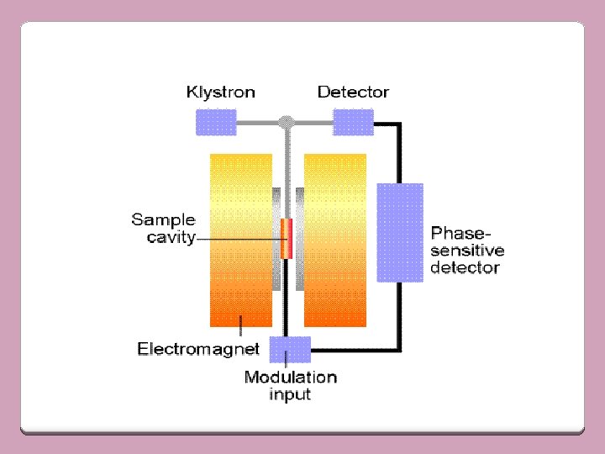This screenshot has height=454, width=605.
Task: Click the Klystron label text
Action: pos(220,92)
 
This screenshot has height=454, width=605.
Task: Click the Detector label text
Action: pos(353,92)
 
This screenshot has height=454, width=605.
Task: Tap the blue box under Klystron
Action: pos(216,123)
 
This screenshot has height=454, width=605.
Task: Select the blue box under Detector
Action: pos(353,123)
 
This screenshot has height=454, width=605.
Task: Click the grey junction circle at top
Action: pos(287,123)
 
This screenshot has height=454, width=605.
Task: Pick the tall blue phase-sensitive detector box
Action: pos(399,231)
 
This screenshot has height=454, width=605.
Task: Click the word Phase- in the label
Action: pos(461,232)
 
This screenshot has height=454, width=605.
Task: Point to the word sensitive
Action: pos(467,251)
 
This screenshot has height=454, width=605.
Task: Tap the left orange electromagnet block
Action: pos(241,240)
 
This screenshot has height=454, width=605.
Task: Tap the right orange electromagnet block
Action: pos(334,240)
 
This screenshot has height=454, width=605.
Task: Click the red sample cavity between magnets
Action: pos(287,239)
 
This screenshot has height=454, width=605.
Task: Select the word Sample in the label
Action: pos(163,220)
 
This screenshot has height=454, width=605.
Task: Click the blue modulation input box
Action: pos(289,349)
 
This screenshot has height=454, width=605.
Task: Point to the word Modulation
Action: pos(290,377)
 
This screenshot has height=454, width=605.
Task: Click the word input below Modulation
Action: pos(290,394)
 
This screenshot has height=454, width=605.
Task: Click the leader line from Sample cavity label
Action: pos(239,240)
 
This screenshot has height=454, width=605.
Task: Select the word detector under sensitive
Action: pos(465,268)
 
